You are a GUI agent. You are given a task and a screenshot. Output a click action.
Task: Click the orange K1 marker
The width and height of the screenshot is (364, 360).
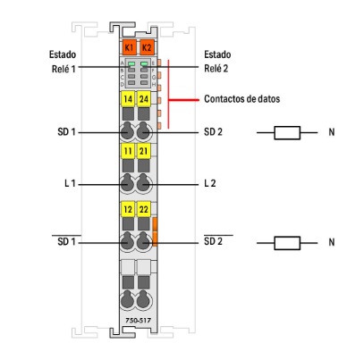point(129,47)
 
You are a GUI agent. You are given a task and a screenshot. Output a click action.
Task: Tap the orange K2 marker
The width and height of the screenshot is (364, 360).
point(147,47)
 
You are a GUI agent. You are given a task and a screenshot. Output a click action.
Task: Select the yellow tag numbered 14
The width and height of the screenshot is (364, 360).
point(128,99)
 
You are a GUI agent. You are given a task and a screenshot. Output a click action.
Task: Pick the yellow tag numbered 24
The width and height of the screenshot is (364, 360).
point(144,99)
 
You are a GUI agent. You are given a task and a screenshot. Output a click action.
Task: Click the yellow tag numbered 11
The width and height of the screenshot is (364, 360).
point(128,151)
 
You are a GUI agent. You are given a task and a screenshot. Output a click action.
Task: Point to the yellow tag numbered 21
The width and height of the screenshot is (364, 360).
point(144,151)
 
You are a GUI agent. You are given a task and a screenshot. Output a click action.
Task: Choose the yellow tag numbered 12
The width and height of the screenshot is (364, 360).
point(128,209)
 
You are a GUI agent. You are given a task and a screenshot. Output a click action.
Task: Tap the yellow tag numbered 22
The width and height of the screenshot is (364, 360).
point(144,209)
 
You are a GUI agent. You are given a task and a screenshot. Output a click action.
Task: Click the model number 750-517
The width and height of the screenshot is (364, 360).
point(138,321)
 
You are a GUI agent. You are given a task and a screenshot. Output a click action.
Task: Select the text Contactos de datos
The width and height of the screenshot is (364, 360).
point(241,99)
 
